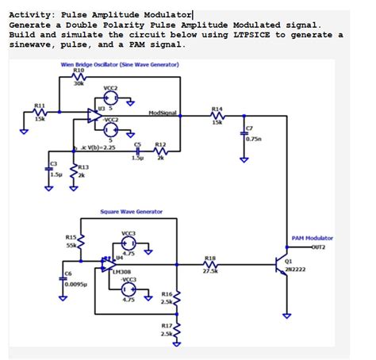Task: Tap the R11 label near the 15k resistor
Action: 39,105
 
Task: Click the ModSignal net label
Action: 163,113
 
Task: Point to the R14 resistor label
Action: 217,108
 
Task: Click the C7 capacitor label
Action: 249,128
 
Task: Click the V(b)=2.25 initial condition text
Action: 99,147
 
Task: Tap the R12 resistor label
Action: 159,145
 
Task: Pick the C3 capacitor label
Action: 54,163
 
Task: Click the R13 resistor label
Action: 83,168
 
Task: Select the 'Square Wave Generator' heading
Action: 132,212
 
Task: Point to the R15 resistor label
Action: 70,236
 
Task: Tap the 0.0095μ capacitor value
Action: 76,283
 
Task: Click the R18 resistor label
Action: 210,259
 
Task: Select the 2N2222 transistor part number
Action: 295,270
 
